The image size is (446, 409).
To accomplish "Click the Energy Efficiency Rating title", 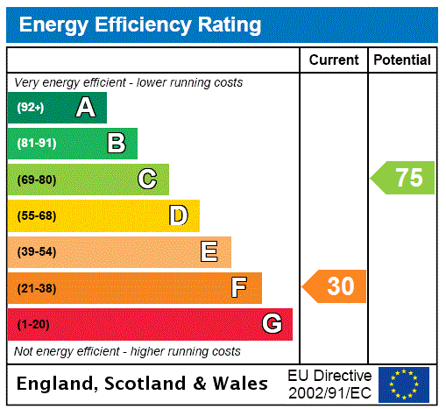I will [x=139, y=25].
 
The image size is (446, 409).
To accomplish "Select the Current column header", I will [x=334, y=60].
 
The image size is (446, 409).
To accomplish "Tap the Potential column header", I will [x=402, y=60].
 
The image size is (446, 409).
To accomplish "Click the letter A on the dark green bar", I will [x=85, y=108].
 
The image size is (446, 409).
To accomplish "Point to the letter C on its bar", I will [x=147, y=180].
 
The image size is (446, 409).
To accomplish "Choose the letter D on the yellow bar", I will [x=178, y=215].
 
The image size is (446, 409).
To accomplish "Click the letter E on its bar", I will [x=209, y=252].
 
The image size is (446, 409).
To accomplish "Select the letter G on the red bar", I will [x=272, y=324].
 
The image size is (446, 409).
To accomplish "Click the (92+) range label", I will [x=30, y=108].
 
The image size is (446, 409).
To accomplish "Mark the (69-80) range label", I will [x=36, y=180].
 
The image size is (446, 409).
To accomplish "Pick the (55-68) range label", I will [x=36, y=215].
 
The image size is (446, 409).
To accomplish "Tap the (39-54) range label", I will [x=36, y=252].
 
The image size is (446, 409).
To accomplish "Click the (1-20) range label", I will [x=33, y=324].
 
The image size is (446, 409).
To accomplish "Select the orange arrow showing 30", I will [x=335, y=286].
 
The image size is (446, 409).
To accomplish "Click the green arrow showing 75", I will [x=403, y=178].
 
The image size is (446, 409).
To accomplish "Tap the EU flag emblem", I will [x=404, y=384].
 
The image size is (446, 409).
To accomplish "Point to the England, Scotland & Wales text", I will [x=142, y=384].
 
